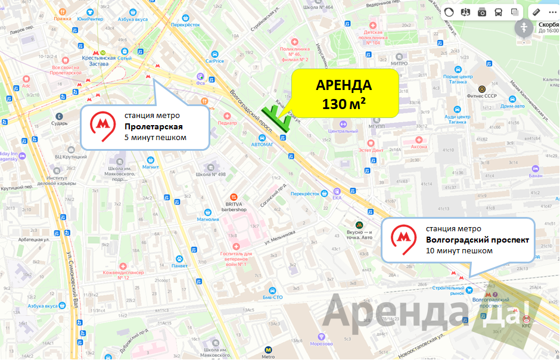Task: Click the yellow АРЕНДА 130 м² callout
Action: [x=344, y=93]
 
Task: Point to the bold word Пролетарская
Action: [x=153, y=126]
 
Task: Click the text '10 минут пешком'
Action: [x=459, y=251]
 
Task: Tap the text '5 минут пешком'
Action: [x=155, y=138]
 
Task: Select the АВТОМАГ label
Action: [x=262, y=144]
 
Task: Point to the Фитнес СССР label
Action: [x=482, y=96]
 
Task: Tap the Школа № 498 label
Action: [x=211, y=174]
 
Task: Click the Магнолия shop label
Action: [x=208, y=219]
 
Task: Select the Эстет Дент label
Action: [x=371, y=150]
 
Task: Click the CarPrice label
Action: [x=214, y=61]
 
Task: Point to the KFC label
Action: [x=526, y=325]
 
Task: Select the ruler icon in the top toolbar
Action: [x=536, y=12]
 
